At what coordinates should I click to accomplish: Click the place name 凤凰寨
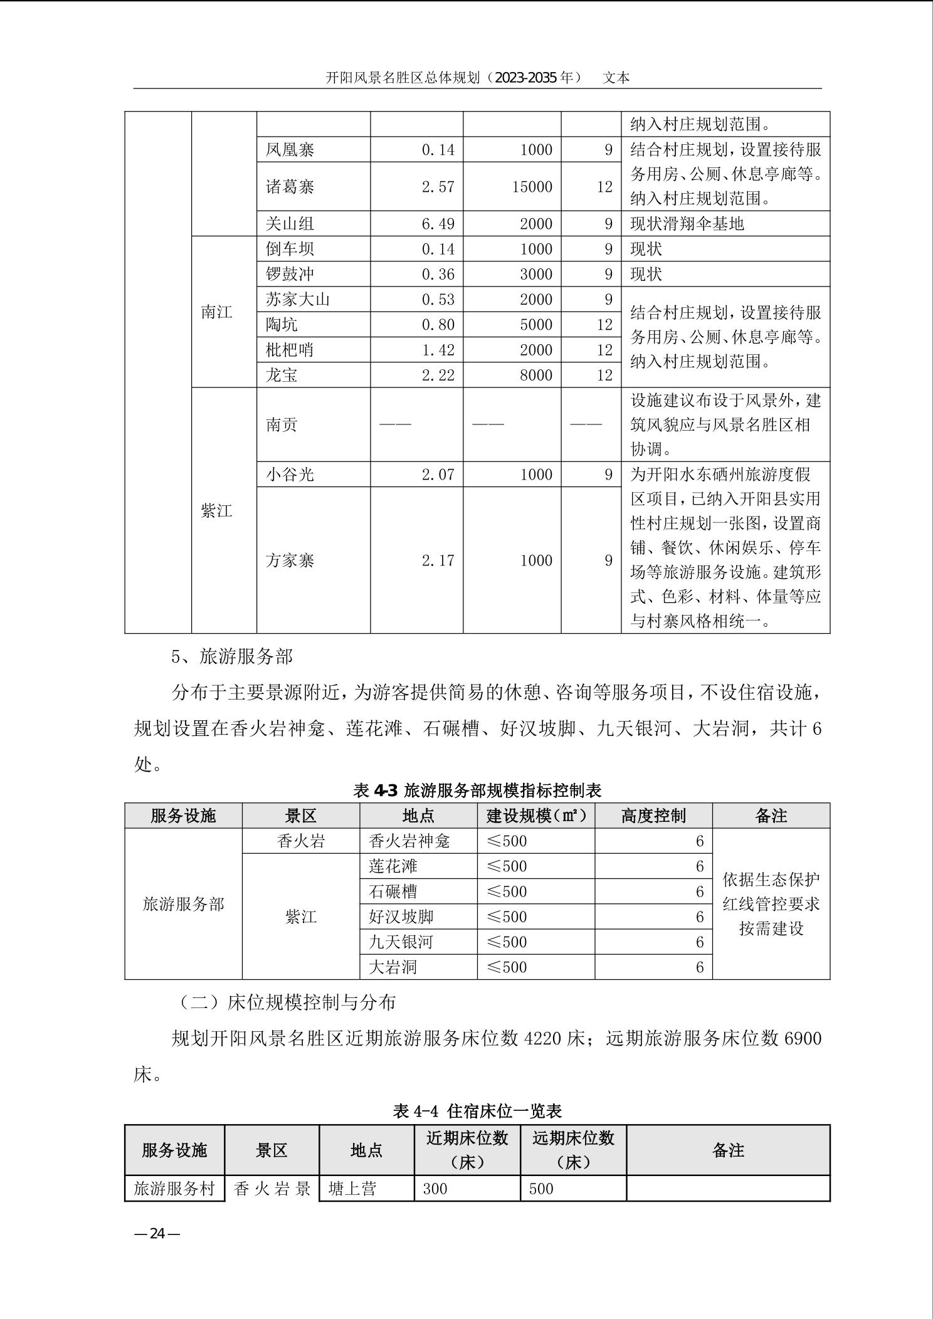(x=290, y=150)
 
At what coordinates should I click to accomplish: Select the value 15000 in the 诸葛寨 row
(x=532, y=187)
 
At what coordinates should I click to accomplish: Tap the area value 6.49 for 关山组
(x=438, y=224)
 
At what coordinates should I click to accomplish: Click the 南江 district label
(x=217, y=312)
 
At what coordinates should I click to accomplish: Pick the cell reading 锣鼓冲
(x=290, y=274)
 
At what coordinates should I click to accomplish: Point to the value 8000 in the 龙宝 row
(x=536, y=375)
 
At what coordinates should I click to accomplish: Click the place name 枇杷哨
(x=290, y=350)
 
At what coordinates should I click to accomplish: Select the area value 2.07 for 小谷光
(x=438, y=475)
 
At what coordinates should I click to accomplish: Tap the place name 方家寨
(x=290, y=560)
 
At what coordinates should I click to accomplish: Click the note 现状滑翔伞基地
(x=687, y=224)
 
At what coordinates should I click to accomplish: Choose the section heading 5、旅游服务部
(x=232, y=656)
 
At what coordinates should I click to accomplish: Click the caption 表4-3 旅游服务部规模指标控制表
(x=477, y=791)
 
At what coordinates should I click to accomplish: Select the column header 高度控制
(x=653, y=816)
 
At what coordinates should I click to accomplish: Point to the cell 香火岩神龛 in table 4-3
(x=409, y=841)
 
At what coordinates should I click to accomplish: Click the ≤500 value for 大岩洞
(x=507, y=967)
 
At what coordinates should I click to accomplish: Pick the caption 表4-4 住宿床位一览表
(x=477, y=1111)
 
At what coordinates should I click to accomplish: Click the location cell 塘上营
(x=352, y=1189)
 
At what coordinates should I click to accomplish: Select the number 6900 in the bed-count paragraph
(x=803, y=1039)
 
